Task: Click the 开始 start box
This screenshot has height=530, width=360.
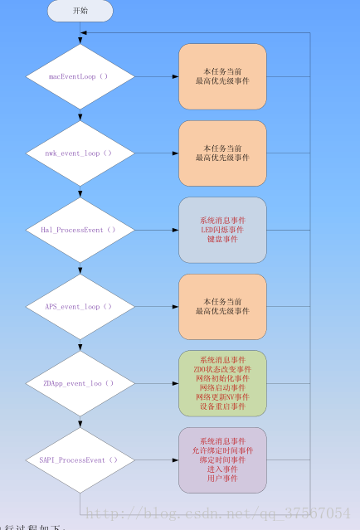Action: coord(80,11)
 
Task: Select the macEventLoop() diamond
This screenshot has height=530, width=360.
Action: coord(80,76)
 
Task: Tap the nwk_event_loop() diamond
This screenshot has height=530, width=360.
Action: coord(80,153)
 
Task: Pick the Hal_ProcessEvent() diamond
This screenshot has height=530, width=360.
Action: coord(80,230)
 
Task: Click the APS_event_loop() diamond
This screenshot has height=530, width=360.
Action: coord(80,307)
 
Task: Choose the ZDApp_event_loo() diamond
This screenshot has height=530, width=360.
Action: coord(80,383)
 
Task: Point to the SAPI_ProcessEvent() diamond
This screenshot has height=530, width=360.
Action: coord(80,459)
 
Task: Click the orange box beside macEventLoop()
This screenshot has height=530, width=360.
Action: coord(222,76)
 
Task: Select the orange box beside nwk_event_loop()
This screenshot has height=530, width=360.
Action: coord(222,153)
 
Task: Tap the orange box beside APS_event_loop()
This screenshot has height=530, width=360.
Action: coord(222,307)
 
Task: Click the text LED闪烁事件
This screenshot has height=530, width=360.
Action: coord(222,230)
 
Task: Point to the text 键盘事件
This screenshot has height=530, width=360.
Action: coord(222,239)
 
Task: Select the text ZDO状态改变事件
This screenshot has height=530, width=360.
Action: coord(222,369)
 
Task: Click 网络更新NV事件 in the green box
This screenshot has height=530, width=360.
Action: coord(222,397)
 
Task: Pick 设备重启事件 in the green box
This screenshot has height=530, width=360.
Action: coord(222,406)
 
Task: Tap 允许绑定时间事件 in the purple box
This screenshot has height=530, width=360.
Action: coord(222,450)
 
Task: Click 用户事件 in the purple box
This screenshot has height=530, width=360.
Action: coord(222,479)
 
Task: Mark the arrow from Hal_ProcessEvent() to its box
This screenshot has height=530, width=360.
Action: coord(156,230)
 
